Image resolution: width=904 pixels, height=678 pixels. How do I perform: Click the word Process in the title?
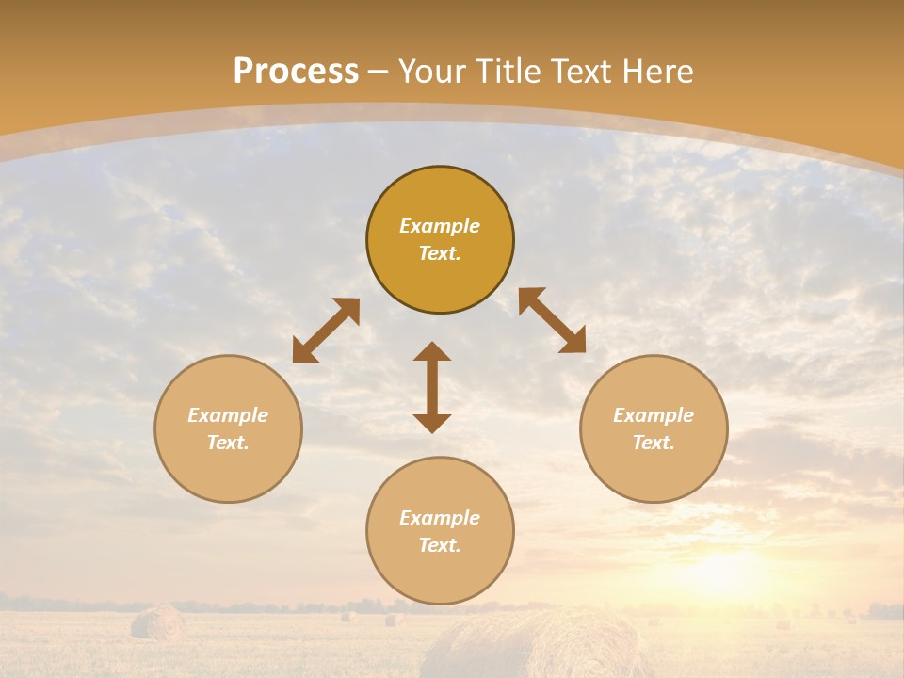(x=296, y=72)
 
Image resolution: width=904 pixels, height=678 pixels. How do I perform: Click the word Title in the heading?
(x=508, y=72)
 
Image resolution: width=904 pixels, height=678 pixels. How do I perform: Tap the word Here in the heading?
(x=657, y=72)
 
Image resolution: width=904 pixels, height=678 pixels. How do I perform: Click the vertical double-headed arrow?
(x=432, y=387)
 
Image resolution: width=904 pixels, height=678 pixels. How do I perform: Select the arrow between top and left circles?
(x=326, y=331)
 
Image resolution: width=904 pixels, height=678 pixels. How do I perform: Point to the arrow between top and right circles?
(x=552, y=320)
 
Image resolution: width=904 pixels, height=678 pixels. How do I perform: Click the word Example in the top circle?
(x=440, y=226)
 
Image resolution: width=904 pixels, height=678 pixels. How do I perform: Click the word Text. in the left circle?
(x=228, y=443)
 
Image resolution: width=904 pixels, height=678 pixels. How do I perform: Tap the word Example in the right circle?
(x=654, y=415)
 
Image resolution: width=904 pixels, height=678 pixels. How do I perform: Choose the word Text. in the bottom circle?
(x=440, y=545)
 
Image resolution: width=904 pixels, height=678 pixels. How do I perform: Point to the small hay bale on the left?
(x=157, y=622)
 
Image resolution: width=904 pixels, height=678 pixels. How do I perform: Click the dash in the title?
(x=379, y=72)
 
